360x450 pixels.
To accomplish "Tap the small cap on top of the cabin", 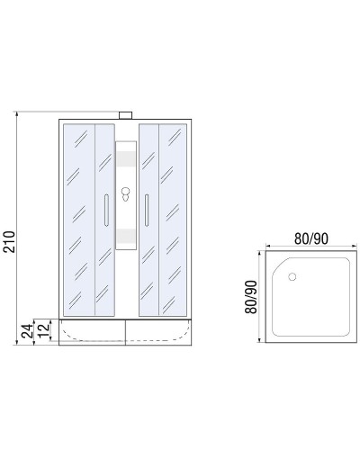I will click(x=127, y=114).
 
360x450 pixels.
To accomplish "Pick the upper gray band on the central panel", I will click(x=127, y=161).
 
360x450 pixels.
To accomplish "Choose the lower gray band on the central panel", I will click(x=127, y=237).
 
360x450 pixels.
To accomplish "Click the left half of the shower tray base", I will click(x=93, y=331).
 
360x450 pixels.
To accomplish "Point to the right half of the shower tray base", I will click(x=161, y=331).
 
